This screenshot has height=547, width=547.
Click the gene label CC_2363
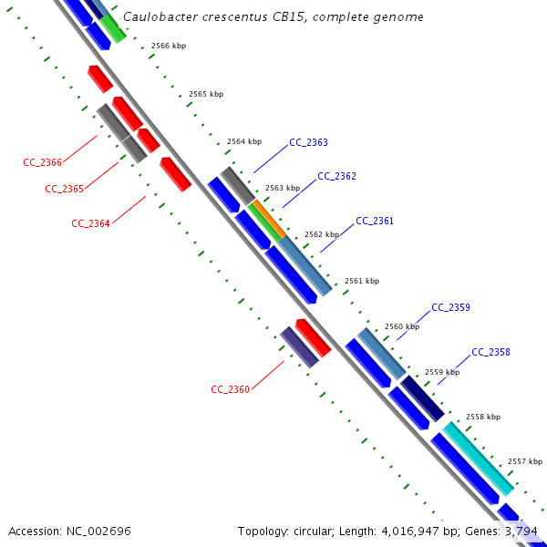pos(308,142)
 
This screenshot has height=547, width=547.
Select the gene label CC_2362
pos(336,176)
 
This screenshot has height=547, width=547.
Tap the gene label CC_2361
pos(375,221)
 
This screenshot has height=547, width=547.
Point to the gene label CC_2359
pos(450,307)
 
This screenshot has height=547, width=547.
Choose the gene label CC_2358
pos(490,352)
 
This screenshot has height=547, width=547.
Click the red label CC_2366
pos(42,162)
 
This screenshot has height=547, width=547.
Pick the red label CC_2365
pos(64,189)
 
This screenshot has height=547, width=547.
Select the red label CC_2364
pos(90,222)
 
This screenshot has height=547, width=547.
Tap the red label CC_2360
pos(230,389)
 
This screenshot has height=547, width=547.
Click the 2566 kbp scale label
pos(169,46)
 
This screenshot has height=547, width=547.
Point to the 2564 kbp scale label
pos(243,141)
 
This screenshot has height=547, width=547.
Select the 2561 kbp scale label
pos(361,281)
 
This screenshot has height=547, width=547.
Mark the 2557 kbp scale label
pos(524,461)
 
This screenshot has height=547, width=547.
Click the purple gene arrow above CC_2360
pos(299,346)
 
